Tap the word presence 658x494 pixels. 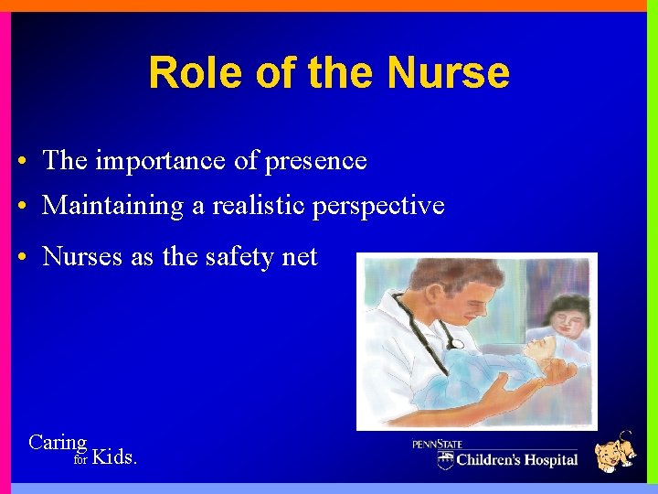pos(315,162)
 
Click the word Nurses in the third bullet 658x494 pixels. pos(82,257)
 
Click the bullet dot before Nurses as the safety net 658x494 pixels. pos(21,258)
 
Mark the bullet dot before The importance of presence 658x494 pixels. pos(21,162)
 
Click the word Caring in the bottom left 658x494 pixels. pos(58,443)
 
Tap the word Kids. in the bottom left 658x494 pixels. pos(115,456)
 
